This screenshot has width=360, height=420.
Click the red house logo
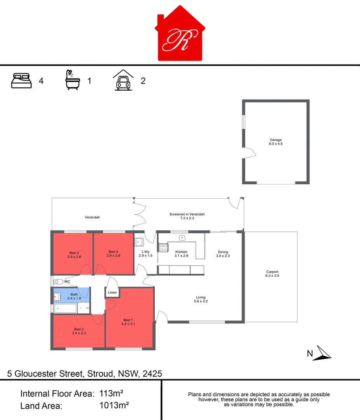pos(180,35)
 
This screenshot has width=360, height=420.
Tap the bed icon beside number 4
pos(22,81)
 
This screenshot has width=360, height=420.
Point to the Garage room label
pos(276,140)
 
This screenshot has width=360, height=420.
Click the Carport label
pos(272,272)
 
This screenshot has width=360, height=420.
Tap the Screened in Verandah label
pos(187,214)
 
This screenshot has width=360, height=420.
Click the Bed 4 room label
pos(113,252)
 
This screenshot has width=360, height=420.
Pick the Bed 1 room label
pos(128,320)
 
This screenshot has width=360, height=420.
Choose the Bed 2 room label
pos(79,329)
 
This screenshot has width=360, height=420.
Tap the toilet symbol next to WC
pos(58,282)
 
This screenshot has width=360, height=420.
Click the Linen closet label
pos(112,292)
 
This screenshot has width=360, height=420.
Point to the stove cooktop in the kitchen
pos(163,248)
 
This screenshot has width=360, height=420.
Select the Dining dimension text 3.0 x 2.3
pos(223,256)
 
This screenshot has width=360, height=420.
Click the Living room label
pos(201,297)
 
